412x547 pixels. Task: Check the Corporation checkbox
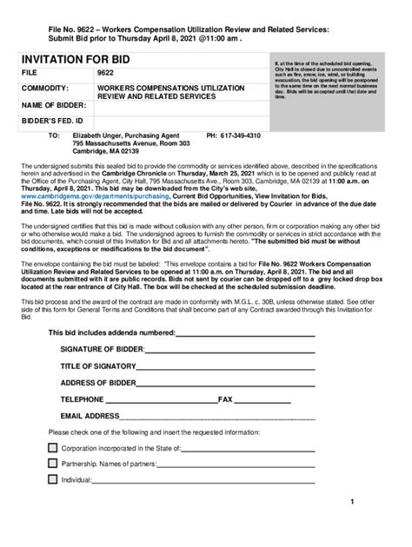point(53,447)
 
